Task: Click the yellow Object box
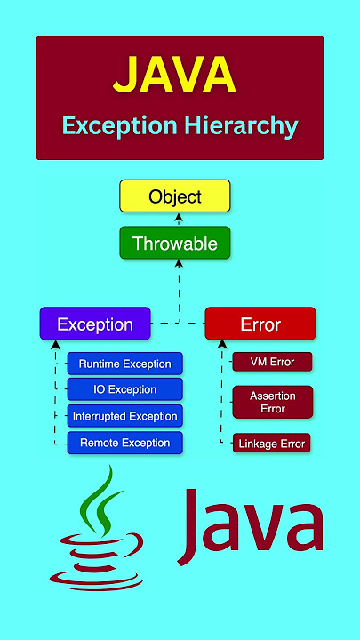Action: [175, 196]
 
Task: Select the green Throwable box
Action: [175, 243]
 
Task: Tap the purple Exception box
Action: [95, 324]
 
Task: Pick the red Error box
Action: [260, 324]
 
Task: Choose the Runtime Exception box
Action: [125, 364]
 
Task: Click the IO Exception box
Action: [125, 389]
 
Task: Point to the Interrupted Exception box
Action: [125, 416]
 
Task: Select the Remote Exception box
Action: [125, 443]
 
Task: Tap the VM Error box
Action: [272, 362]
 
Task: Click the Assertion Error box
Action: [273, 402]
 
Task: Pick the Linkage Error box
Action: [272, 444]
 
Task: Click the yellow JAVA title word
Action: [175, 75]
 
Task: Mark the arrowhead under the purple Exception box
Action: [56, 345]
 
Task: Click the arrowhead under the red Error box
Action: [221, 344]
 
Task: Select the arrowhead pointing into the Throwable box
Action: [179, 263]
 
